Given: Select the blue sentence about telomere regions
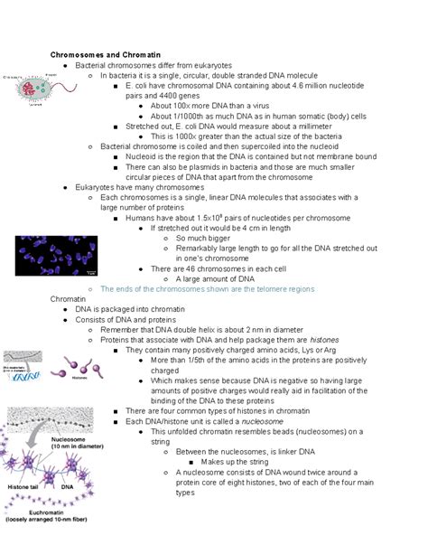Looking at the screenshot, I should pyautogui.click(x=208, y=289).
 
